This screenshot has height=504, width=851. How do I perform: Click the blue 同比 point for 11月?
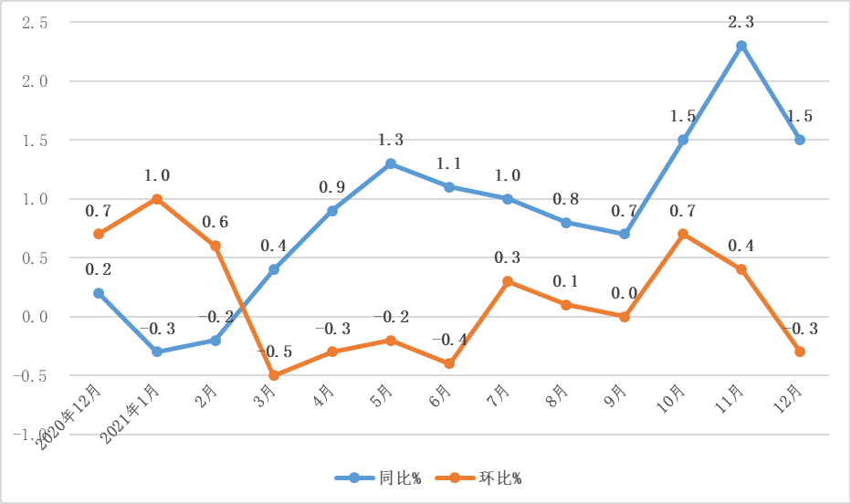[741, 46]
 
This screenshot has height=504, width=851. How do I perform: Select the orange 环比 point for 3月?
[274, 375]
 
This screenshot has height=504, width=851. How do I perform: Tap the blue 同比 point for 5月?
[391, 163]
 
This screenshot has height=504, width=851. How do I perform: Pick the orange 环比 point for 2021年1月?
[157, 198]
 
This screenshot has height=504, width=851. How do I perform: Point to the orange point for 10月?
[683, 234]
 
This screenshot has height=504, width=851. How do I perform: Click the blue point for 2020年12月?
[99, 293]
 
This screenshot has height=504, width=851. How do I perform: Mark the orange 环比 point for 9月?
[625, 317]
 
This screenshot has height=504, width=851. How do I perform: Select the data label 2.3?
[741, 21]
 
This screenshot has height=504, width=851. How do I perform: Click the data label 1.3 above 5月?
[391, 140]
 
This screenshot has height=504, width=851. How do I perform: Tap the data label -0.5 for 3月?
[274, 352]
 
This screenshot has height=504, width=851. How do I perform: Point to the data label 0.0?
[625, 293]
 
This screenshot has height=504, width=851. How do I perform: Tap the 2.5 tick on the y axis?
[35, 23]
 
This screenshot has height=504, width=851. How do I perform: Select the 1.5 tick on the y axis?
[35, 141]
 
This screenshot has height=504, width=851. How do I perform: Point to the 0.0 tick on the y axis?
[35, 317]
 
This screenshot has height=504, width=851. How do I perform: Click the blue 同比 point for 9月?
[625, 234]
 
